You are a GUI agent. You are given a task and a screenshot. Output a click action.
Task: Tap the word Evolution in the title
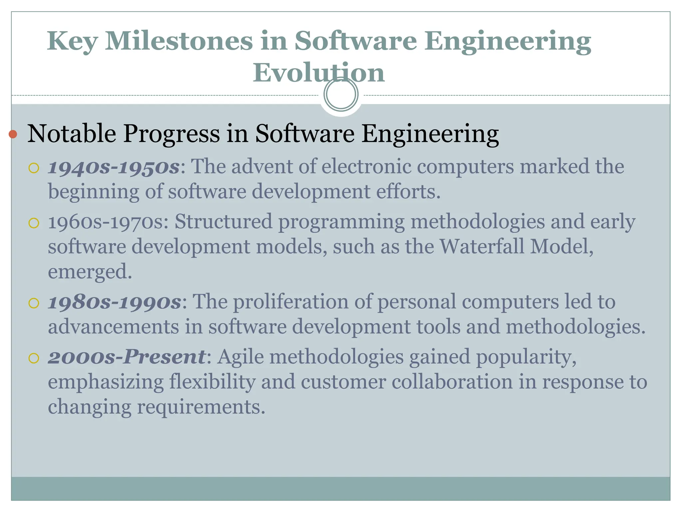pos(319,73)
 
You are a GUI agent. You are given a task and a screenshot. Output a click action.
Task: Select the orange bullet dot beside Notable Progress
pos(13,134)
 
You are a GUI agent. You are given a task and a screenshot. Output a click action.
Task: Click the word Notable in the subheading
pos(72,134)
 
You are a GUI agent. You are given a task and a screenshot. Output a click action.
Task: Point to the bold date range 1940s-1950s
pos(114,167)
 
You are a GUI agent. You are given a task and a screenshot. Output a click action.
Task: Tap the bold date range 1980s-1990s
pos(115,302)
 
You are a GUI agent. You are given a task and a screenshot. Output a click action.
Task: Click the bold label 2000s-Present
pos(127,357)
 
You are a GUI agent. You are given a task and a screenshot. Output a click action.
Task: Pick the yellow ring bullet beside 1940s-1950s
pos(34,168)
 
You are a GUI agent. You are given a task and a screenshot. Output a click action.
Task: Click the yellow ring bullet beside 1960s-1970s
pos(34,223)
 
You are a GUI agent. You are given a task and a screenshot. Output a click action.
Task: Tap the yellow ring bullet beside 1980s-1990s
pos(34,303)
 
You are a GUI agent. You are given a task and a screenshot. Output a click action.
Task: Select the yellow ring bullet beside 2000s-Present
pos(34,358)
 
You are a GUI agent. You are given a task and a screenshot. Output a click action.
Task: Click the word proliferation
pos(290,302)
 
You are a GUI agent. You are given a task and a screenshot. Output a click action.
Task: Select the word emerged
pos(90,272)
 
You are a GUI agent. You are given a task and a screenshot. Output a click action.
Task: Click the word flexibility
pos(212,382)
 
